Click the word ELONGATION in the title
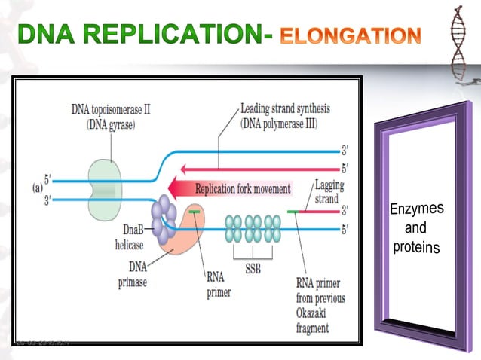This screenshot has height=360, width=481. [350, 35]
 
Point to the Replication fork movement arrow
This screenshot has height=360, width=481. [234, 189]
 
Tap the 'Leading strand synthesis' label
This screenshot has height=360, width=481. [285, 108]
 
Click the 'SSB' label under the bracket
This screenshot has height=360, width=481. [253, 269]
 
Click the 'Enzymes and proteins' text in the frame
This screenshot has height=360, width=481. [416, 227]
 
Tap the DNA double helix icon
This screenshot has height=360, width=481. [461, 45]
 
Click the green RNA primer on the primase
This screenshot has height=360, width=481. [195, 212]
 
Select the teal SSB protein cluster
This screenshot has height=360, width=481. [253, 228]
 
